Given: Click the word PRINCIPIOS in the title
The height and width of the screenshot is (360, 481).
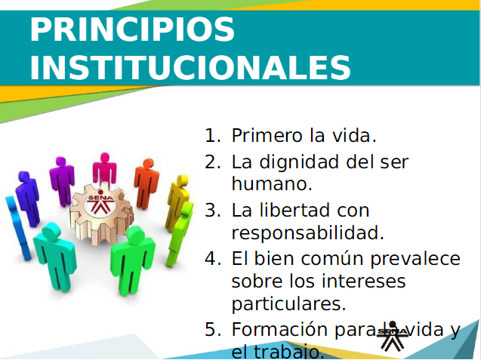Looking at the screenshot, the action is coord(132,29).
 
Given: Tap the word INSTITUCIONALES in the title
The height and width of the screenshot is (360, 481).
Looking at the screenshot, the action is coord(190,67).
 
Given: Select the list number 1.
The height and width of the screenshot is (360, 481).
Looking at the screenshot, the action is coord(212,136).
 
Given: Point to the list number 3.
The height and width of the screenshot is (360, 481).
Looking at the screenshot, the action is coord(212,211).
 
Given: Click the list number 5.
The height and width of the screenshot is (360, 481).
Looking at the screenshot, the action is coord(212,329).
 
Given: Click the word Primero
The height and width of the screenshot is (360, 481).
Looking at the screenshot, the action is coord(268,135).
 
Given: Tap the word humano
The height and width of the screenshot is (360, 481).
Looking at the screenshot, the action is coord(272,183).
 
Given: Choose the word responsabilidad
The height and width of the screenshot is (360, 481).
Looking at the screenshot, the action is coord(307,233).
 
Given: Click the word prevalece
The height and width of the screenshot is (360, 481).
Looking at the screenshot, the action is coord(415,259).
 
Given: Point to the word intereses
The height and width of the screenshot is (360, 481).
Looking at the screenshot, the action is coord(347,281).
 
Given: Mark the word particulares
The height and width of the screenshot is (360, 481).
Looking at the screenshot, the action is coord(289,304).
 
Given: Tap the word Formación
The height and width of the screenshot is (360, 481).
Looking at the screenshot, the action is coord(279,329).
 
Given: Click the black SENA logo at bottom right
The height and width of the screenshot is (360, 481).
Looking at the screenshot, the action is coord(393,337).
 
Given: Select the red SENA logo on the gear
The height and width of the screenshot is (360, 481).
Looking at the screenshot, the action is coord(100,203).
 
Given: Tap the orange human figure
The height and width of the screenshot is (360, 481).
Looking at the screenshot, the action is coord(146,183).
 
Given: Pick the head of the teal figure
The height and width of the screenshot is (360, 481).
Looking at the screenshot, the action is coord(51,232).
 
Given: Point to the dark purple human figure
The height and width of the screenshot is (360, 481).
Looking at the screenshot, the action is coord(28,198).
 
